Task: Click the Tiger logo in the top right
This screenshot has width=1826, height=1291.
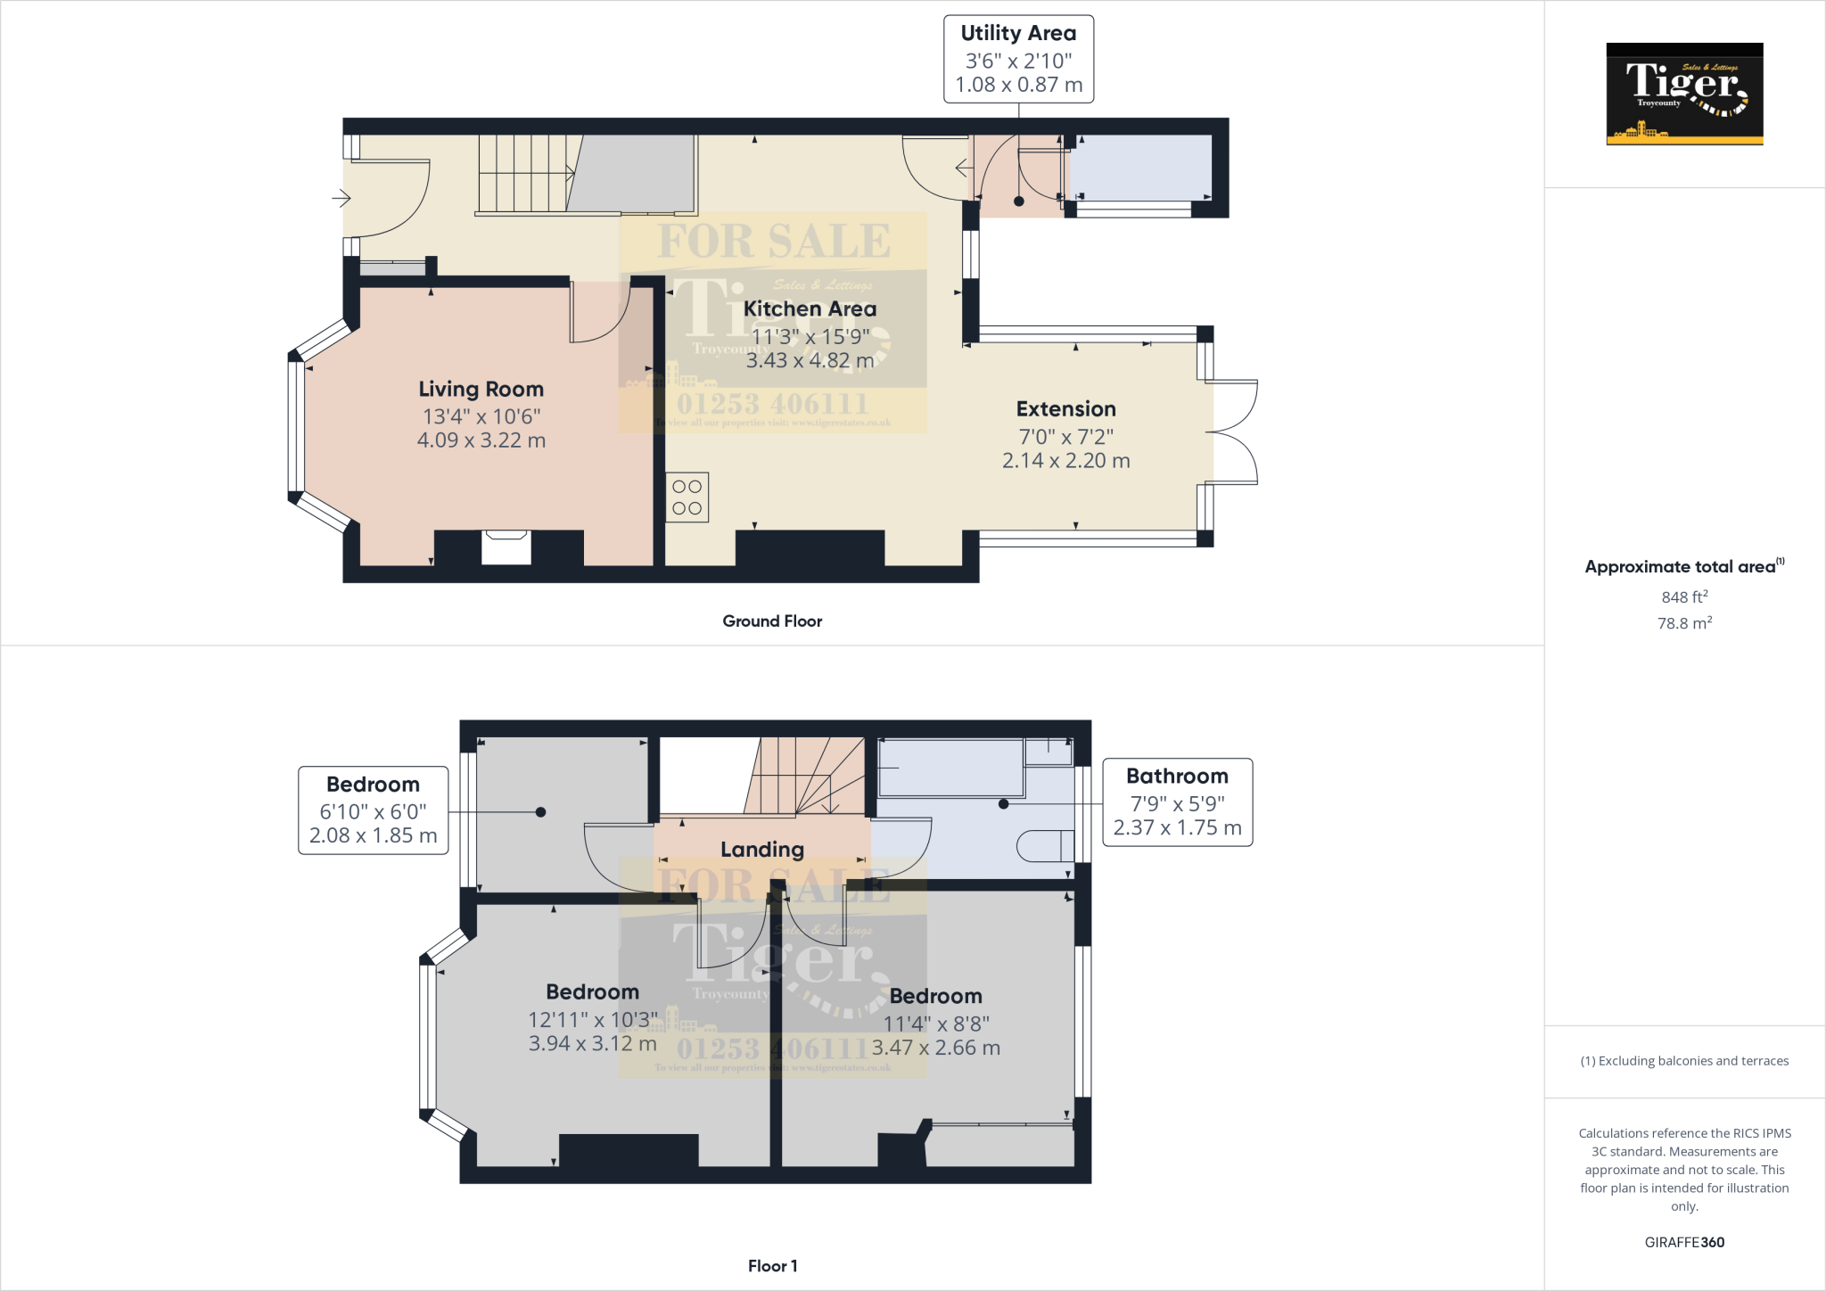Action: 1684,94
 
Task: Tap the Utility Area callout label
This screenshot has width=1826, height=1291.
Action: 1018,59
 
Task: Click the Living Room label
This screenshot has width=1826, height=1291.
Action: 481,390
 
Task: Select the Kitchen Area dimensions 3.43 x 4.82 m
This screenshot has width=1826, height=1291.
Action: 810,360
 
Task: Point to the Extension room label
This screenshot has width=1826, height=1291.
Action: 1065,409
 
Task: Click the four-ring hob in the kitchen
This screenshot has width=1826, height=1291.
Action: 687,497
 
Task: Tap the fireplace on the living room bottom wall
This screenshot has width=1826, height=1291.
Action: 506,547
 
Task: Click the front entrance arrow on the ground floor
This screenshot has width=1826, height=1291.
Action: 341,198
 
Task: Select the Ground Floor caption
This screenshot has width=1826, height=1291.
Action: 772,621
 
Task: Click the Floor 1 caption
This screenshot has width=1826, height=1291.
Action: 772,1266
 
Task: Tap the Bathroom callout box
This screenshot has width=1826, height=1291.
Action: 1177,802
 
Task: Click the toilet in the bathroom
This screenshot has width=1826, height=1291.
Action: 1047,845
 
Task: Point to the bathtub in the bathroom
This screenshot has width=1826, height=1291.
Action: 950,768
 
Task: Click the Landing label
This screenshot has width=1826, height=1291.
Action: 761,850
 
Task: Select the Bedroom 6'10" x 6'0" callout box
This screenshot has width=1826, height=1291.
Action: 373,810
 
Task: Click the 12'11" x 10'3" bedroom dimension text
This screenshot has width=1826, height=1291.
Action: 592,1019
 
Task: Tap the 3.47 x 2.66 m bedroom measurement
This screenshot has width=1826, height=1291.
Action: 935,1048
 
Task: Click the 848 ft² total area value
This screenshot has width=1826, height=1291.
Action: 1683,596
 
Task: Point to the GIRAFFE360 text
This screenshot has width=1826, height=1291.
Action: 1683,1242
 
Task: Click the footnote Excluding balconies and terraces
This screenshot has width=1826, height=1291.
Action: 1683,1061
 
